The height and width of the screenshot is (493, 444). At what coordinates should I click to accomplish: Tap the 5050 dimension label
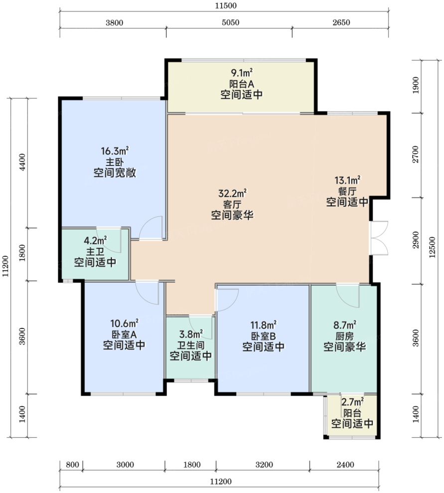coord(230,22)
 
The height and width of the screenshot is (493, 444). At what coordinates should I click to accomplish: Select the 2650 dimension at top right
coord(341,22)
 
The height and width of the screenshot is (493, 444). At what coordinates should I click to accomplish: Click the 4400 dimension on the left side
coord(22,162)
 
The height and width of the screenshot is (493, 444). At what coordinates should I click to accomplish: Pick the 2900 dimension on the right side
coord(416,240)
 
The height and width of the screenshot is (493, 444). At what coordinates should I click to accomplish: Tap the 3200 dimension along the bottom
coord(264,465)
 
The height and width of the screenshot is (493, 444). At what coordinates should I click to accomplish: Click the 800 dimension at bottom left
coord(72,465)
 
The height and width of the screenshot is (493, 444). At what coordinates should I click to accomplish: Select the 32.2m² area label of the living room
coord(232,193)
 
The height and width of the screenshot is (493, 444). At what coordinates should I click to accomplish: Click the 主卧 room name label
coord(115,162)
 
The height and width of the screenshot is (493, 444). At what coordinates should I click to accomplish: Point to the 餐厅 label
coord(347,191)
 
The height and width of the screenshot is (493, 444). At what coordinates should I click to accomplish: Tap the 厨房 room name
coord(345,336)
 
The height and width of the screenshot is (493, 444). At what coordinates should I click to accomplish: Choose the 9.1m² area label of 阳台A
coord(242,73)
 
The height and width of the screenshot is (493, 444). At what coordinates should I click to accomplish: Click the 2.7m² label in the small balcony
coord(352,402)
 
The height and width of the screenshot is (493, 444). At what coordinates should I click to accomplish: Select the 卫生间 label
coord(191,345)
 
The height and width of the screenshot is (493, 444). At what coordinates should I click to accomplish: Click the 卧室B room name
coord(263,336)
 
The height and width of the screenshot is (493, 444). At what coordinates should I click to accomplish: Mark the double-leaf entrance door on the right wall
coord(379,238)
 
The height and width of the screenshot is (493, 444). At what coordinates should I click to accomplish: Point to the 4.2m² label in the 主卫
coord(95,241)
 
